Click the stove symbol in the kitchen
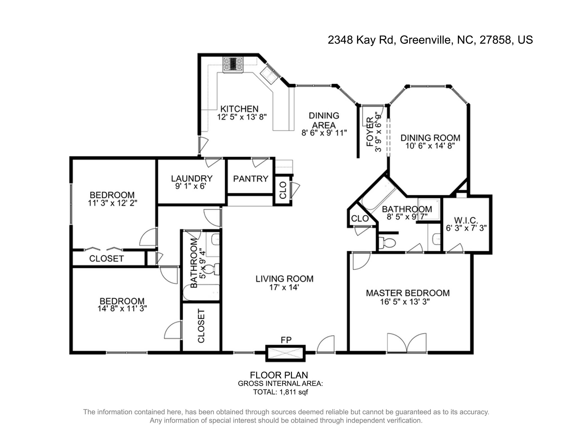233,65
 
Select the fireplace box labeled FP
285,353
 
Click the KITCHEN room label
239,109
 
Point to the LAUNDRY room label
192,178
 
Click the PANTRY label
251,179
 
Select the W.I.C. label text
466,220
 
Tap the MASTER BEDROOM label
408,293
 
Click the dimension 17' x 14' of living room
284,288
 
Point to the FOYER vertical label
370,132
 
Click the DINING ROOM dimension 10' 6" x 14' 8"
430,146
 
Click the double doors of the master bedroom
407,343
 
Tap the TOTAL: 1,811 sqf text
280,392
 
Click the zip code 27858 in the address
495,40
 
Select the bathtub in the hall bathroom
201,293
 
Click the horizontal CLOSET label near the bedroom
106,259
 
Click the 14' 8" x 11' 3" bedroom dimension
122,309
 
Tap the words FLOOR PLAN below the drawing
279,375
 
